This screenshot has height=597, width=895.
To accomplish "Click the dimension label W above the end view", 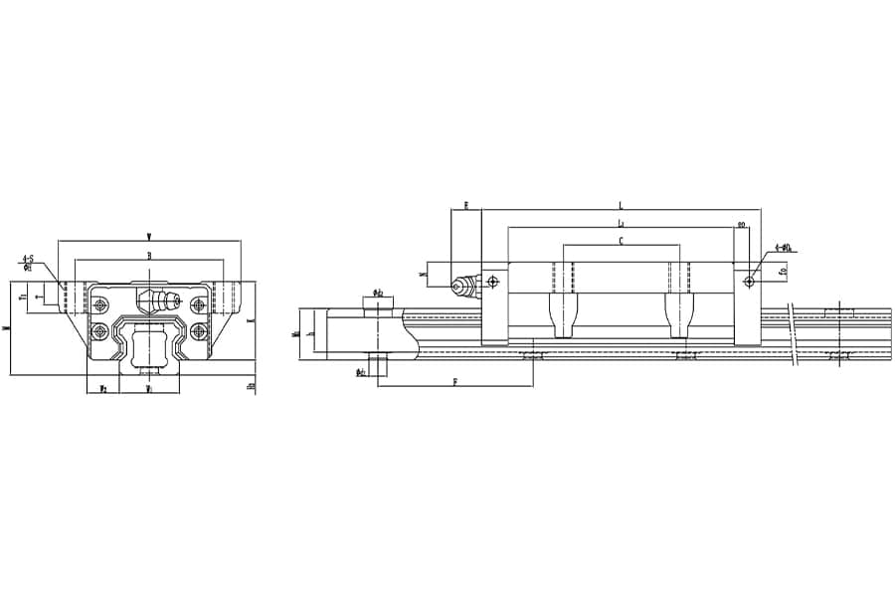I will pos(149,236).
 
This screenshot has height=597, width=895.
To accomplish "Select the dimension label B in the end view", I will pos(149,256).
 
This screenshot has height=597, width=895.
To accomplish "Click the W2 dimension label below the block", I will pos(102,389).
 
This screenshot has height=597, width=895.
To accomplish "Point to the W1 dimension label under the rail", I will pos(149,389).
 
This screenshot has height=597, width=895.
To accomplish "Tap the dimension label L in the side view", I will pos(621,205).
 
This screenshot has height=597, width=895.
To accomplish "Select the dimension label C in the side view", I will pos(621,241).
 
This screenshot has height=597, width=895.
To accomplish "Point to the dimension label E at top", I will pos(465,206).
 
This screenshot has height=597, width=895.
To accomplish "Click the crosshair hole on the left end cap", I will pos(492,282).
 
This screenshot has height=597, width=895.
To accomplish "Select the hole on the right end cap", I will pos(748,282).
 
